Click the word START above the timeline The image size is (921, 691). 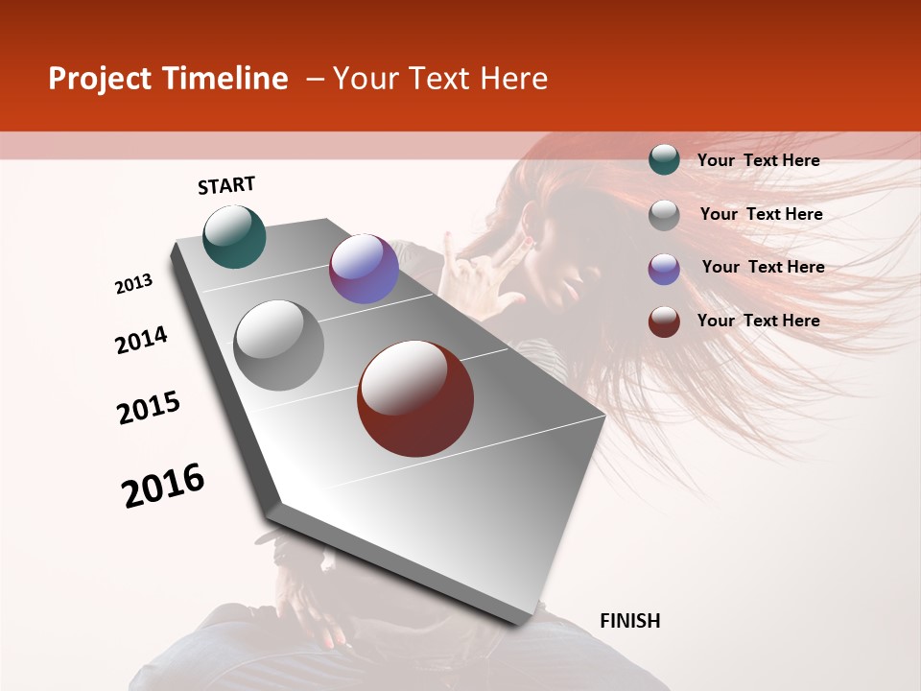pyautogui.click(x=226, y=186)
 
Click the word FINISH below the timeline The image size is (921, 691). pyautogui.click(x=629, y=621)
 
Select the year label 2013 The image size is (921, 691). pyautogui.click(x=134, y=284)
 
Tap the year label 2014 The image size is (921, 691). pyautogui.click(x=141, y=340)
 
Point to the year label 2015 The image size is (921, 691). pyautogui.click(x=149, y=408)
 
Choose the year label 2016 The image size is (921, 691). pyautogui.click(x=163, y=485)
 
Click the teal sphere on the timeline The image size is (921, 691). pyautogui.click(x=234, y=236)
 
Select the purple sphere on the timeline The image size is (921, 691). pyautogui.click(x=364, y=269)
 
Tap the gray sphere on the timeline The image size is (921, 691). pyautogui.click(x=279, y=345)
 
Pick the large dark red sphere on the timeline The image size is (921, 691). pyautogui.click(x=415, y=398)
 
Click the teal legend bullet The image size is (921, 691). pyautogui.click(x=664, y=160)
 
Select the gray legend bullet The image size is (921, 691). pyautogui.click(x=664, y=215)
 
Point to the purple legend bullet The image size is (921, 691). pyautogui.click(x=664, y=269)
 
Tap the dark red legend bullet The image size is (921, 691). pyautogui.click(x=664, y=322)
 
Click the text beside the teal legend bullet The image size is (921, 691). pyautogui.click(x=758, y=160)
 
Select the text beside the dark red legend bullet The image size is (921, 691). pyautogui.click(x=758, y=321)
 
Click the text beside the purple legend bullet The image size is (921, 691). pyautogui.click(x=763, y=267)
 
